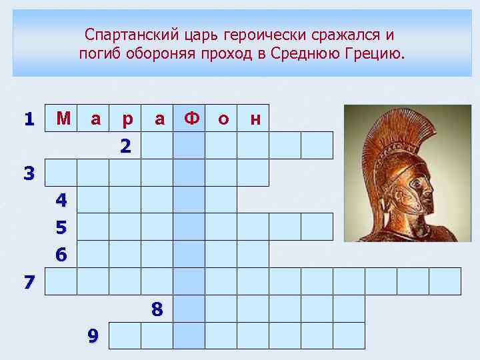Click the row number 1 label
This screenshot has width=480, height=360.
tap(28, 119)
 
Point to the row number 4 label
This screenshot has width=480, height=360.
tap(61, 200)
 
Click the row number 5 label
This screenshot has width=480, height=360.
tap(61, 228)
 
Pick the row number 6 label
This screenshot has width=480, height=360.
tap(61, 255)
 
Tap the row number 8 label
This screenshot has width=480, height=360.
tap(157, 309)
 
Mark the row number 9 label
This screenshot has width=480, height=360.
tap(93, 336)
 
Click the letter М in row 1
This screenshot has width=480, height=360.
tap(63, 119)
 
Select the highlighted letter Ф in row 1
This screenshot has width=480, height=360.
tap(191, 119)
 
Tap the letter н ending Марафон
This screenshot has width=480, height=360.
tap(254, 119)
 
